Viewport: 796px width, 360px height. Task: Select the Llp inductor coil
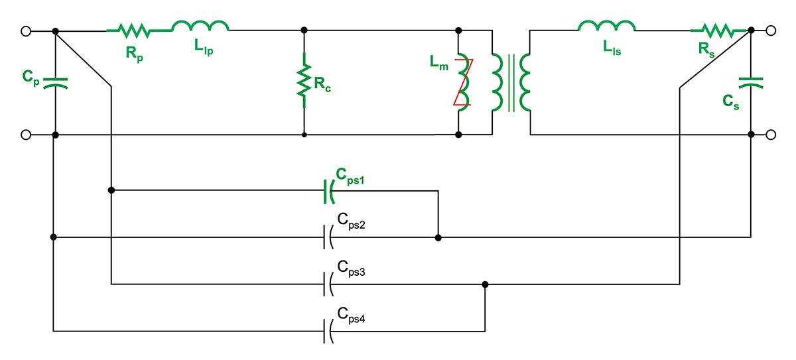(x=200, y=26)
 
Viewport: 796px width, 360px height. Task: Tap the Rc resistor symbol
(x=304, y=81)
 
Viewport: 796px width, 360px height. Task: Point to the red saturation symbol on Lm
(x=464, y=82)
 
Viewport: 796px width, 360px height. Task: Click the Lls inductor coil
(x=607, y=26)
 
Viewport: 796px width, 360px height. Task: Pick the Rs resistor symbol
(x=718, y=31)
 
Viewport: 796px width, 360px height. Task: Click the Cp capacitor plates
(x=56, y=83)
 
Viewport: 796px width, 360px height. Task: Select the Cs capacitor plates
(x=751, y=83)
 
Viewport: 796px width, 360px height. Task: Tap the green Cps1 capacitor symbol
(x=329, y=192)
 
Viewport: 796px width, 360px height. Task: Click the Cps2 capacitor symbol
(x=328, y=237)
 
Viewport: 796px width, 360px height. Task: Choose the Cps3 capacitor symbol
(x=328, y=284)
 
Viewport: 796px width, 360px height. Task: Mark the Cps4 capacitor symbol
(x=328, y=331)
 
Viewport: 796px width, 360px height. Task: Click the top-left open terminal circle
(x=26, y=31)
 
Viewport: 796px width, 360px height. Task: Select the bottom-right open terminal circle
(x=771, y=135)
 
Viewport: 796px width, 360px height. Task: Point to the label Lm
(x=439, y=63)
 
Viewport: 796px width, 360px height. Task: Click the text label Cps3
(x=351, y=268)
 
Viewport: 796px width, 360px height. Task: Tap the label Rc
(x=322, y=84)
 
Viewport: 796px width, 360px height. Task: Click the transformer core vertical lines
(x=511, y=83)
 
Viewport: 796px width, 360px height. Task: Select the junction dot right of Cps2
(x=438, y=237)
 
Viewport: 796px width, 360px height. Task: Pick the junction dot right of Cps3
(x=485, y=284)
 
